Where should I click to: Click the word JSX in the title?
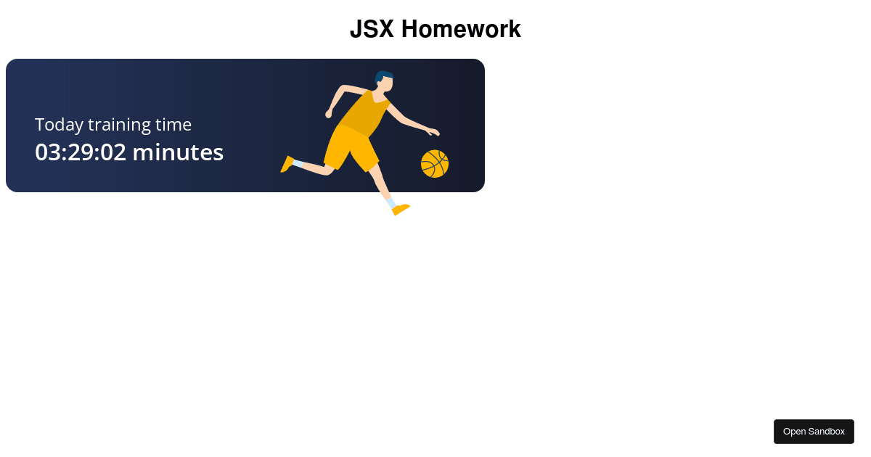click(372, 30)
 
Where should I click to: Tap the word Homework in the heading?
click(461, 30)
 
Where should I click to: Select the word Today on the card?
click(60, 125)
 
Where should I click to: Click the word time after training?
click(173, 125)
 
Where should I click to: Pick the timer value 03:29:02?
click(81, 152)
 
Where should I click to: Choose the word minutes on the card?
click(178, 152)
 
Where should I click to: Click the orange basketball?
click(435, 164)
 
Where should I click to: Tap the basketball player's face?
click(388, 83)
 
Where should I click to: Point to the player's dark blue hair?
click(383, 75)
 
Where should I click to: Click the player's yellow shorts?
click(351, 148)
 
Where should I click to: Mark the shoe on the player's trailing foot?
click(287, 165)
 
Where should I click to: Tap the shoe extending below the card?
click(401, 209)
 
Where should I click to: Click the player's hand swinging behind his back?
click(329, 114)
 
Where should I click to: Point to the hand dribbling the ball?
click(433, 131)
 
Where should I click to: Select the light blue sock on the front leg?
click(390, 202)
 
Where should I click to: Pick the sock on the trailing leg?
click(298, 164)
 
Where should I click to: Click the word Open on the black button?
click(794, 432)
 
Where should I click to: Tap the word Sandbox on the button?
click(827, 432)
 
